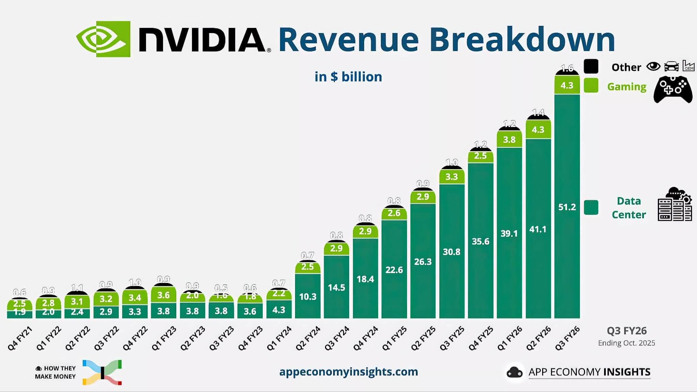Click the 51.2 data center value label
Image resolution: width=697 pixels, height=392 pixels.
coord(567,207)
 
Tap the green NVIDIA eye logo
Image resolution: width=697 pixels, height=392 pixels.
coord(103,39)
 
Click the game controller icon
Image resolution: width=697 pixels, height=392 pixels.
coord(673,89)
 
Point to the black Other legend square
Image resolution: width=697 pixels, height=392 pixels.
coord(591,66)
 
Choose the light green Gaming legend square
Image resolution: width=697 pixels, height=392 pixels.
coord(591,85)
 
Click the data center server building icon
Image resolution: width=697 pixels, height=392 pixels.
coord(675,204)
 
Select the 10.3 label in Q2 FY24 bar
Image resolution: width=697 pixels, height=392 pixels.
coord(308,297)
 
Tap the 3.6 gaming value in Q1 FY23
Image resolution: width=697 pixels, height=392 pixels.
coord(164,295)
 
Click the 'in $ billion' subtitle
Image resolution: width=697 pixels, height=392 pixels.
coord(348,77)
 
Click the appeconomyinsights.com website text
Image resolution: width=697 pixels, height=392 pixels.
coord(348,372)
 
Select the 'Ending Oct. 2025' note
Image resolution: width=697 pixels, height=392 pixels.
coord(626,343)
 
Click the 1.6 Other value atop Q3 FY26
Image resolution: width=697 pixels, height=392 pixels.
coord(567,68)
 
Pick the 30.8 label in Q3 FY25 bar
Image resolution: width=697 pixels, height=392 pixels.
coord(452,252)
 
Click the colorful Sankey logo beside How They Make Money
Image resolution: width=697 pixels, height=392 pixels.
coord(102,372)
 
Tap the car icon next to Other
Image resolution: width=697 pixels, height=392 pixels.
coord(671,66)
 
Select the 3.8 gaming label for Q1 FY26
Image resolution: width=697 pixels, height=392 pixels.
coord(509,140)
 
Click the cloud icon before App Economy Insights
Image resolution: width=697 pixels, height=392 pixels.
coord(515,372)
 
